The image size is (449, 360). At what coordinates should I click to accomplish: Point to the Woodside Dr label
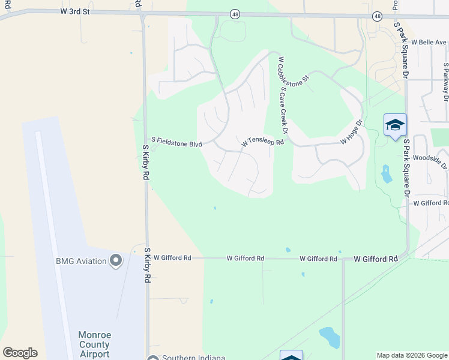[432, 160]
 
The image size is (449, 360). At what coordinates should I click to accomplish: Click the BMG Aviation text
[81, 260]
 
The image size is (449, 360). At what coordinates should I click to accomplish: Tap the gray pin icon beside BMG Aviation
[116, 260]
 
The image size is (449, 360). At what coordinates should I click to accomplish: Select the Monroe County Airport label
[94, 344]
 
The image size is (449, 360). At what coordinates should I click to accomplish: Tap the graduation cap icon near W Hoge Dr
[395, 125]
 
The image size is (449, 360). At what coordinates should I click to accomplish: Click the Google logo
[20, 353]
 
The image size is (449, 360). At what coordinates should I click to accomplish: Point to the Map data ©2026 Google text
[411, 355]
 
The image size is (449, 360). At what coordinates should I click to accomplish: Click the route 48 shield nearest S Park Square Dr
[377, 16]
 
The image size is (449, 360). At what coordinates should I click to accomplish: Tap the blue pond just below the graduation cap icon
[386, 173]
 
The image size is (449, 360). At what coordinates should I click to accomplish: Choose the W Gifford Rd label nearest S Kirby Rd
[172, 257]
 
